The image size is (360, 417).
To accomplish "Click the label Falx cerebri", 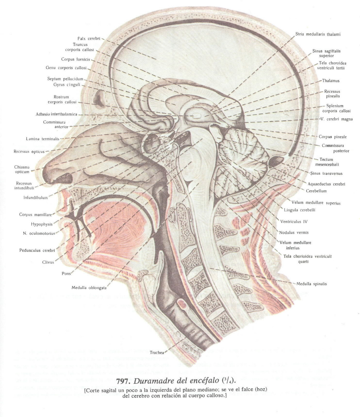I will click(x=89, y=39).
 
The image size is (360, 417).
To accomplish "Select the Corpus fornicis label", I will click(x=76, y=60).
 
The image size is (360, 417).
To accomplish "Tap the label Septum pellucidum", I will click(x=65, y=79).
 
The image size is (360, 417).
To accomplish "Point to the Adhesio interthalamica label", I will click(x=56, y=114).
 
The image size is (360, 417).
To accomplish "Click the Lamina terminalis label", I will click(x=43, y=139).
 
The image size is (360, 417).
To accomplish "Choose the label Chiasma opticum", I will click(x=22, y=169).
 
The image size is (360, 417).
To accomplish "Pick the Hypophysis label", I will click(x=42, y=224).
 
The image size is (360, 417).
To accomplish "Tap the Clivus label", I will click(x=48, y=262).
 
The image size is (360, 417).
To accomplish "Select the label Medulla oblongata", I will click(x=89, y=288).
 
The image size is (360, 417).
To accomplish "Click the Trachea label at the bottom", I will click(x=157, y=352).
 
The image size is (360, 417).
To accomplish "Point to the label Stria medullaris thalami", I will click(x=318, y=34).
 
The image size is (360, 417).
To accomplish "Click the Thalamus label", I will click(x=331, y=81).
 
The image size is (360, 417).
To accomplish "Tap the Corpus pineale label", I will click(x=333, y=137).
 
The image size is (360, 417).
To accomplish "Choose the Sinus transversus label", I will click(x=326, y=174).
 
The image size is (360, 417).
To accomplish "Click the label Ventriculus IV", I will click(x=294, y=222).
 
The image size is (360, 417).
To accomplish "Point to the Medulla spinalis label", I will click(x=311, y=284).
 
